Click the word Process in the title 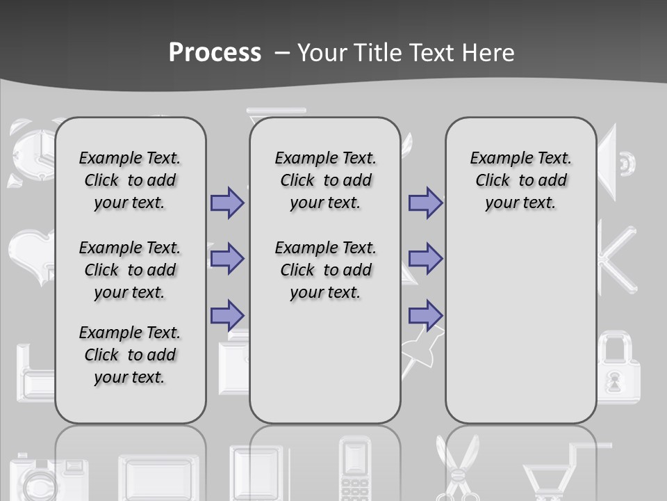pos(215,52)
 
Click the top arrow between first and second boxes pos(227,202)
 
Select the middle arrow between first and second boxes pos(227,259)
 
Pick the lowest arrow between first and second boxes pos(227,315)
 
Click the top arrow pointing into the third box pos(425,202)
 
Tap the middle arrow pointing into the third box pos(425,259)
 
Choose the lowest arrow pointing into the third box pos(425,315)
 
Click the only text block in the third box pos(520,180)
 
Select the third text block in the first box pos(130,355)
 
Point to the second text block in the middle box pos(325,270)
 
